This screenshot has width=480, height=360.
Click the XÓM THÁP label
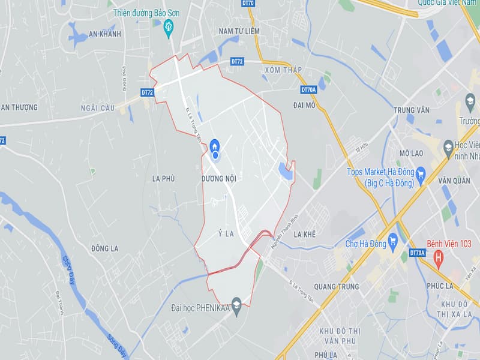click(x=283, y=70)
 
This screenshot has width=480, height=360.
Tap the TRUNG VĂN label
click(x=412, y=110)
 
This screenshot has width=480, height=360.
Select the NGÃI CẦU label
click(x=97, y=107)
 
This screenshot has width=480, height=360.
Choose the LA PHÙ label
click(x=163, y=178)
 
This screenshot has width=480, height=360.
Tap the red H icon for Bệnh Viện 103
click(x=439, y=259)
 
